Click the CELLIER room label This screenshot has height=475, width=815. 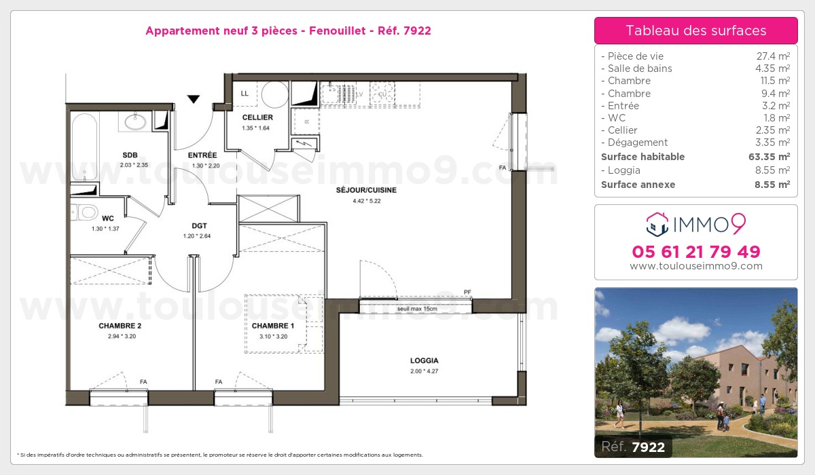(257, 117)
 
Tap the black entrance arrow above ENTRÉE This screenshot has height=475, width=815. (193, 98)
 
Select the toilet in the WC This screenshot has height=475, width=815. (85, 212)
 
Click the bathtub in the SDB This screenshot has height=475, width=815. (85, 147)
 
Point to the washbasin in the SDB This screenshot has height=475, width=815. (135, 121)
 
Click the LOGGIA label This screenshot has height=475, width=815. (424, 360)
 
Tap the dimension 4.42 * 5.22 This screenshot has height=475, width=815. (366, 201)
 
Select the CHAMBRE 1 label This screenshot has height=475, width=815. (273, 326)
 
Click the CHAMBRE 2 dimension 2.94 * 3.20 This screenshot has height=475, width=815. (122, 337)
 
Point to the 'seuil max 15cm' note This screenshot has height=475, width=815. (417, 309)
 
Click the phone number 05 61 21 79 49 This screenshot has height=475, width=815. (696, 252)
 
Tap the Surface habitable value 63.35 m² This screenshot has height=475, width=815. (769, 157)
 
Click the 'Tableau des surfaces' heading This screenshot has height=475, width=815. (696, 31)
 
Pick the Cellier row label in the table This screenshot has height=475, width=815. (622, 130)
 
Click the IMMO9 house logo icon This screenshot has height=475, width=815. (657, 225)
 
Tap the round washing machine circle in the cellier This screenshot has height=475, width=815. (275, 94)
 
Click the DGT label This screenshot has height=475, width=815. (200, 226)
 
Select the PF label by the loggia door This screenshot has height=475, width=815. (467, 292)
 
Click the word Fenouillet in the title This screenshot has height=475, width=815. (338, 31)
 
